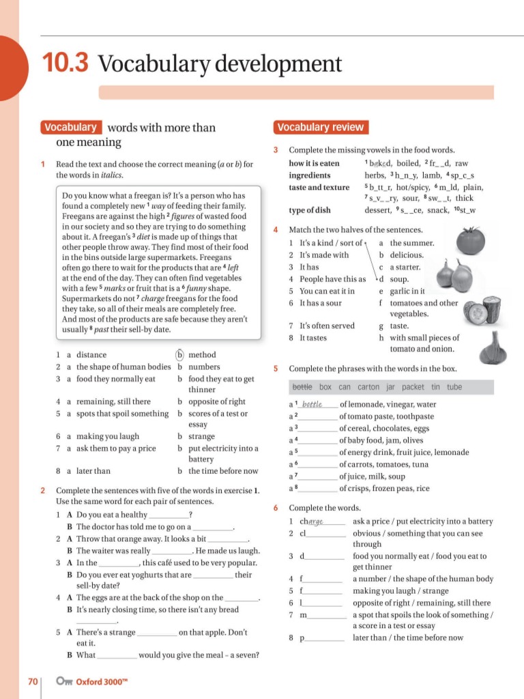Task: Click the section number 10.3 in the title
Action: [x=65, y=63]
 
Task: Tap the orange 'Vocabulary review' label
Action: [x=321, y=127]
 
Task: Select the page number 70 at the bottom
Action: [x=32, y=681]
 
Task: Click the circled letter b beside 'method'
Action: [x=180, y=354]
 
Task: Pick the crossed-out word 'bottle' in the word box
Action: [x=302, y=387]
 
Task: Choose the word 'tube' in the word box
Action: [x=454, y=387]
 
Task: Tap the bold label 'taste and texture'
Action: [x=319, y=187]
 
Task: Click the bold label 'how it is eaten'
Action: [x=315, y=164]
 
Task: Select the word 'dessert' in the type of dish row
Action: [x=378, y=210]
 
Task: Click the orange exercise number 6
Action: [x=276, y=508]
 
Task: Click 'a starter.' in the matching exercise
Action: [x=405, y=267]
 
